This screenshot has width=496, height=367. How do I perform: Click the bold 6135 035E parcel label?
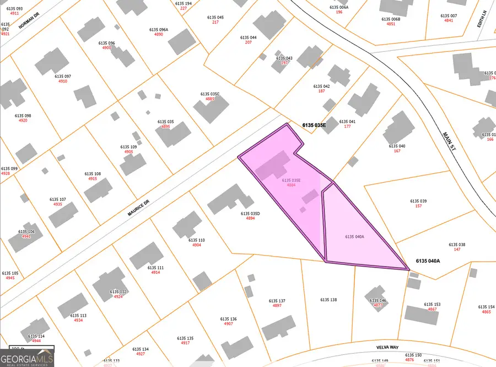314,125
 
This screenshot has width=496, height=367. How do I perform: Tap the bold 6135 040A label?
428,260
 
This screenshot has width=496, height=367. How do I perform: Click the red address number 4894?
250,219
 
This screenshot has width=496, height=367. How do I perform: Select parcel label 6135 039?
418,201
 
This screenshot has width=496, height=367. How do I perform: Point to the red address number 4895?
166,127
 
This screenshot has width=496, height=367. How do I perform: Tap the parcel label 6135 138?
328,300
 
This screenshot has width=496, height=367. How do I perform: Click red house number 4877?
378,305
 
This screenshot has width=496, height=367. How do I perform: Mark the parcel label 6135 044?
249,38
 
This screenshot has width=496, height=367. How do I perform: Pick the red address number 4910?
63,81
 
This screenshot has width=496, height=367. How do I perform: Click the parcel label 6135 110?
197,240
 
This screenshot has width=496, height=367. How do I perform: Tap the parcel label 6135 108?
93,173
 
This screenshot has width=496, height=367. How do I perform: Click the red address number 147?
457,249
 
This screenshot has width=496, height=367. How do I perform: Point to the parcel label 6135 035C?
210,94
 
